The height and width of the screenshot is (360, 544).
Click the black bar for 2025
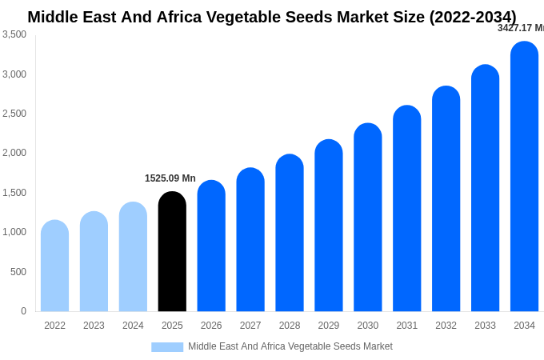click(x=172, y=252)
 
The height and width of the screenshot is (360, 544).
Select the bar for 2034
click(x=524, y=177)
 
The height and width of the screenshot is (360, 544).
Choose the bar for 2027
click(x=250, y=240)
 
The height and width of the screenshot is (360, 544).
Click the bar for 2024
click(x=133, y=257)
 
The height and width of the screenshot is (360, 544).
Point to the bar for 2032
click(x=446, y=199)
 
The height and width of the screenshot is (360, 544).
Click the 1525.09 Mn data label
click(x=170, y=178)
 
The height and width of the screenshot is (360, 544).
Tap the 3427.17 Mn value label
click(x=521, y=28)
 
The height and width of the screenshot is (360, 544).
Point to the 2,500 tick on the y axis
click(x=14, y=114)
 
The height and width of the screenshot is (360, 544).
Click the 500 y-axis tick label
click(x=18, y=272)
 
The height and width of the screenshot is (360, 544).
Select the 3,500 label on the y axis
click(x=14, y=34)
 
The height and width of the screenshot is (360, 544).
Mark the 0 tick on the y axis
click(x=23, y=311)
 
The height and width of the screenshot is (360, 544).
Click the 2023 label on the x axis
click(x=94, y=326)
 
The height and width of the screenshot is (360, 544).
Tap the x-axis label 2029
click(x=329, y=326)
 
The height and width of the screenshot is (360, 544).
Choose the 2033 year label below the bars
click(x=485, y=326)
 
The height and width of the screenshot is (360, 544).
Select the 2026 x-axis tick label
click(x=211, y=326)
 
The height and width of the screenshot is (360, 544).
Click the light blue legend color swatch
click(x=167, y=347)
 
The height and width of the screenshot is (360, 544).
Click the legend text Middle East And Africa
click(x=240, y=346)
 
